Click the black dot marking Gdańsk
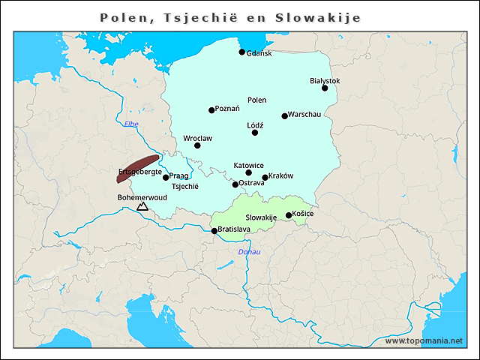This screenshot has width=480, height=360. [x=241, y=52]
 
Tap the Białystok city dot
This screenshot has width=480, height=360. [x=325, y=88]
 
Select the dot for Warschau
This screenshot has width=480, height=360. [x=285, y=116]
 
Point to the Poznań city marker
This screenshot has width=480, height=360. [x=211, y=110]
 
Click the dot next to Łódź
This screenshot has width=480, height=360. [x=255, y=133]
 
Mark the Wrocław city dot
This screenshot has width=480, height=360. [x=197, y=145]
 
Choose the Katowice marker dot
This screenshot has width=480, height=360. [x=249, y=173]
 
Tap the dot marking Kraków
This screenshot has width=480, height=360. [x=265, y=178]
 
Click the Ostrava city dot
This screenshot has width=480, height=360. [x=235, y=184]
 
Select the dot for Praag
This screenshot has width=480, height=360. [x=166, y=178]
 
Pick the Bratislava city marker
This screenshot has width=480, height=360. [x=214, y=231]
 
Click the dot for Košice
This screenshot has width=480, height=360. [x=289, y=216]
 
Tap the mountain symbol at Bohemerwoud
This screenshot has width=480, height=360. [x=142, y=206]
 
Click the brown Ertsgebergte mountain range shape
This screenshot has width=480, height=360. [x=138, y=168]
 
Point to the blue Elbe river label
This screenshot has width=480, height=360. [x=131, y=124]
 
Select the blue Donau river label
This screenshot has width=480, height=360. [x=249, y=252]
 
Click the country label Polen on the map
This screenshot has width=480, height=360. [x=256, y=100]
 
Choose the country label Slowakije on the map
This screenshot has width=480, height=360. [x=261, y=217]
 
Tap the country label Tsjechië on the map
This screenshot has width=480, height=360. [x=185, y=187]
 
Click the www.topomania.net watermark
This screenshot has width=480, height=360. [x=424, y=340]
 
